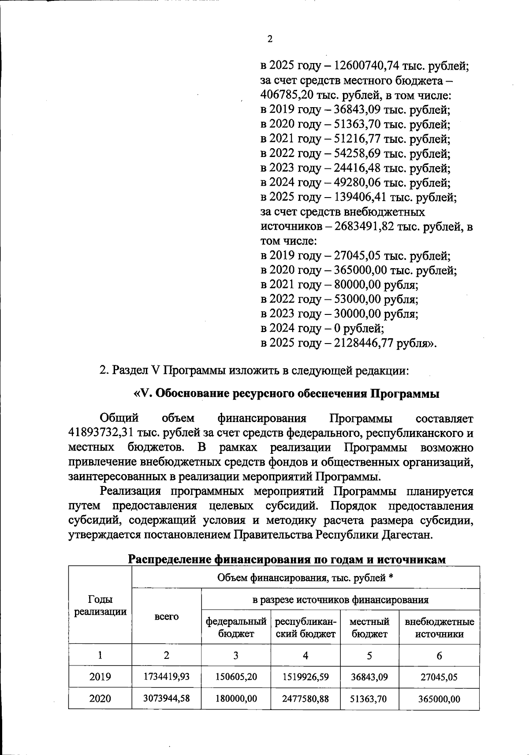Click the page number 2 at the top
pos(270,39)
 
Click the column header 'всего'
pos(167,617)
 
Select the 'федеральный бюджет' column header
pos(236,628)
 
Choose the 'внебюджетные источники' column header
pos(439,628)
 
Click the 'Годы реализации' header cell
pos(100,605)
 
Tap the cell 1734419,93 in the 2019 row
pos(167,677)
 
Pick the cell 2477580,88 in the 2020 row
pos(305,699)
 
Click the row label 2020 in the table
pos(100,699)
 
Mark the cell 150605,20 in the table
pos(236,677)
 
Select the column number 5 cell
pos(369,655)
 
